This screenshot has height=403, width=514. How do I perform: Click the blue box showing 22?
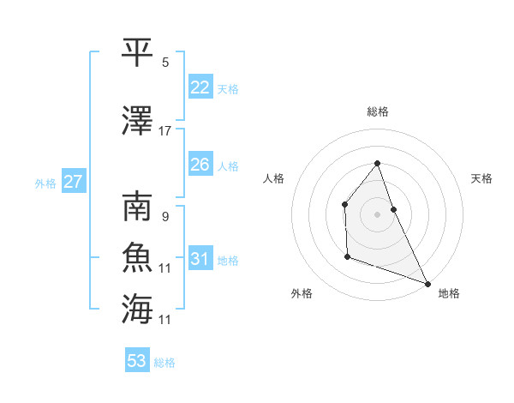pos(200,87)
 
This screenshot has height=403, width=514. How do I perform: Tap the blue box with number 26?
pos(200,165)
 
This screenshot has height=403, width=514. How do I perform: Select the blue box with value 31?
pos(200,259)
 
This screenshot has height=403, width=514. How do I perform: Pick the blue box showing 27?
pos(73,182)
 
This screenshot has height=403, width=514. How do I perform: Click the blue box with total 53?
pos(137,361)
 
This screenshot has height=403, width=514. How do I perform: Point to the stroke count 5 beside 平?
pos(165,63)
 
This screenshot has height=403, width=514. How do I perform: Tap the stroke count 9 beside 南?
pos(164,217)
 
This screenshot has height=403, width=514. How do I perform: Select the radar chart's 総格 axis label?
pos(377,111)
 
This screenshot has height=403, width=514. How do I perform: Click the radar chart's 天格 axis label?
pos(481,178)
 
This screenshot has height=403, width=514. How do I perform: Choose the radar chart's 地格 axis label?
pos(449,293)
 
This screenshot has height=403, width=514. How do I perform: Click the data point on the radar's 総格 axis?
pos(377,163)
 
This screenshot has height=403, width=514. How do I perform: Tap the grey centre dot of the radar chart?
pos(377,214)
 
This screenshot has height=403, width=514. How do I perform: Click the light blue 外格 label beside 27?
pos(45,183)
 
